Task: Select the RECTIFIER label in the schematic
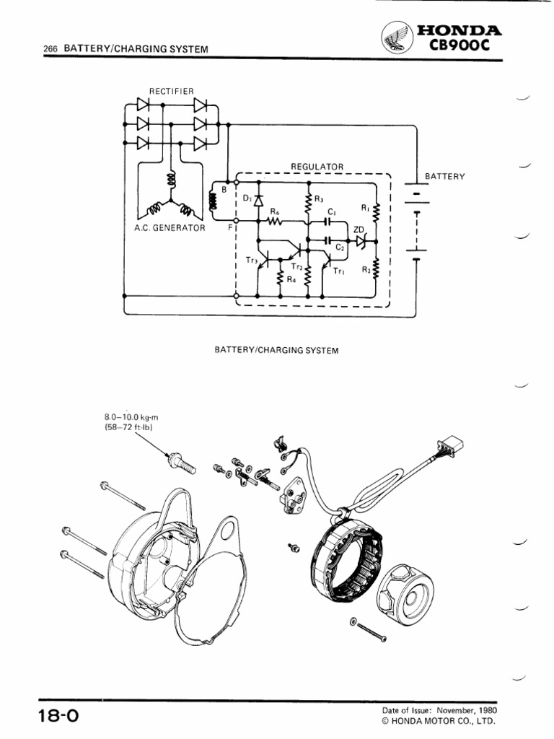click(x=171, y=90)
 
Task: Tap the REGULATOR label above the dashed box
click(x=317, y=166)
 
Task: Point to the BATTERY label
click(x=445, y=176)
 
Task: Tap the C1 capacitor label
click(x=331, y=211)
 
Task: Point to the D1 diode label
click(x=247, y=196)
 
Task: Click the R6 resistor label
click(x=275, y=211)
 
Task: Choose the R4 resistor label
click(x=291, y=280)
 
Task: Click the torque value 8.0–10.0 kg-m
click(x=131, y=416)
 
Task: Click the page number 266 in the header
click(x=50, y=49)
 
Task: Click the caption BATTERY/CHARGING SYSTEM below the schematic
click(x=276, y=349)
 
